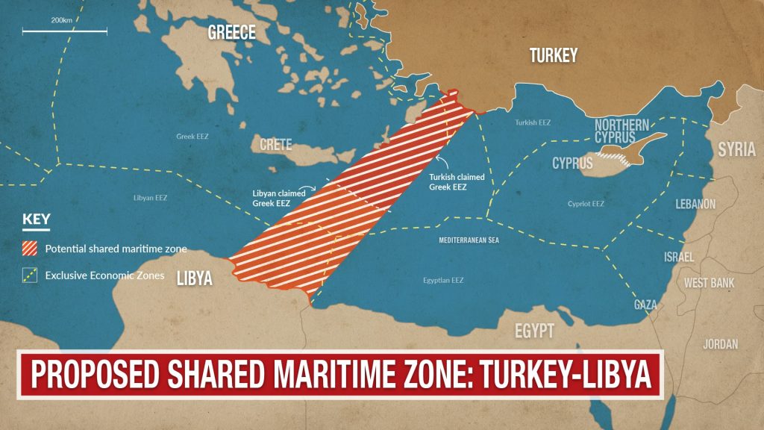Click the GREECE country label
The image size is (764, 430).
[231, 32]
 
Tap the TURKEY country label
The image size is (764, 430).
[553, 55]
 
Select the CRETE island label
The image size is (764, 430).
[275, 144]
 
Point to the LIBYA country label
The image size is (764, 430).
[195, 279]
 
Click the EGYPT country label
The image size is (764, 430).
[534, 331]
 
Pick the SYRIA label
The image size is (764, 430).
[736, 149]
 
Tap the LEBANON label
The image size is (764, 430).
[695, 204]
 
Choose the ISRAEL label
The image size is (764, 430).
[679, 257]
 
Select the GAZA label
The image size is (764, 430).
[645, 305]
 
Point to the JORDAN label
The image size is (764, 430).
[720, 344]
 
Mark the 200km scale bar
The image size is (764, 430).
[64, 31]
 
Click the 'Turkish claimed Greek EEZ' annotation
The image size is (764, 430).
[457, 182]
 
